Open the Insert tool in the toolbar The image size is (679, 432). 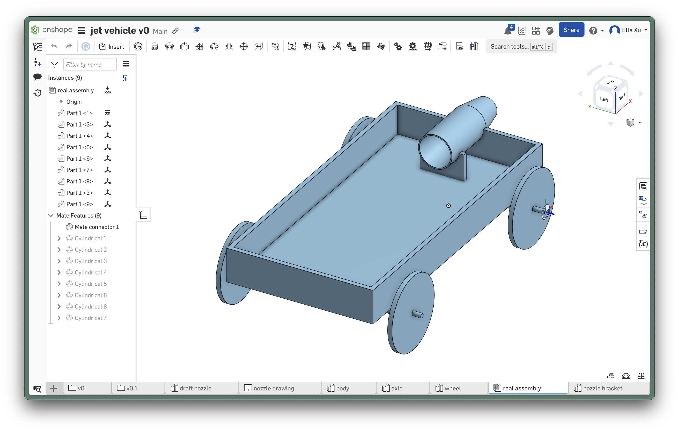coord(112,47)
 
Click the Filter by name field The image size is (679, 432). coord(90,65)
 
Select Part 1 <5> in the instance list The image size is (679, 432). coord(80,147)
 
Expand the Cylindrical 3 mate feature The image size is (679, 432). coord(59,261)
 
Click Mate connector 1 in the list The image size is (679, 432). coord(96,227)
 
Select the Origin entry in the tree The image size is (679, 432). coord(74,102)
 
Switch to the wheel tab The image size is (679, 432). coord(452,388)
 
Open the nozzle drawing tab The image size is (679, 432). coord(273,388)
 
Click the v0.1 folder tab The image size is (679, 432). coord(132,388)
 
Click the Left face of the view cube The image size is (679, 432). coord(604,99)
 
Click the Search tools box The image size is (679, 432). coord(509,47)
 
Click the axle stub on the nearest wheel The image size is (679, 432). coord(418,314)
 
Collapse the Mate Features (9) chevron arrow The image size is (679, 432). coord(51,216)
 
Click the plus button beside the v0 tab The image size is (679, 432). coord(54,388)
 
